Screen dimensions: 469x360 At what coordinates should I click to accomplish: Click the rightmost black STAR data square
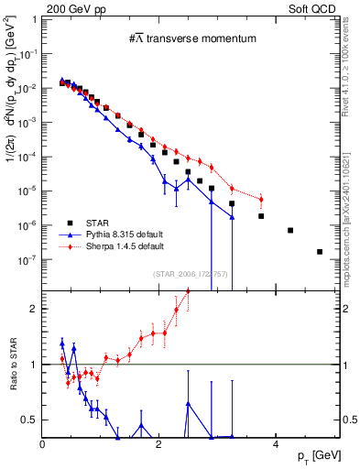click(320, 252)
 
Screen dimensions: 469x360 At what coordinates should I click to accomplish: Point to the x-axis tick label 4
click(276, 445)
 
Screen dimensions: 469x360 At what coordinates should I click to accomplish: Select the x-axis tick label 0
click(43, 445)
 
